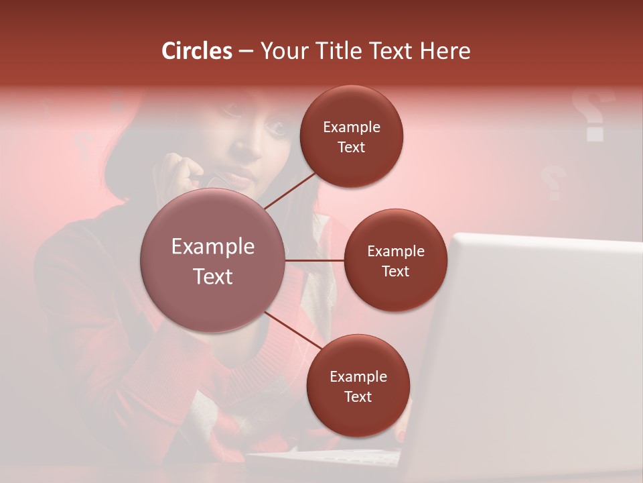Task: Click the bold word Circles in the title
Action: (197, 51)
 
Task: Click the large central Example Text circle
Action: (212, 260)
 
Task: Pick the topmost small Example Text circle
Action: (352, 137)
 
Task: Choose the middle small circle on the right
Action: (395, 260)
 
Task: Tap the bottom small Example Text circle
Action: (358, 386)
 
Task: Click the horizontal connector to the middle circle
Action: (314, 260)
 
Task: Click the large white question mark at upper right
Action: (592, 114)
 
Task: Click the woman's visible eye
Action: (274, 125)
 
